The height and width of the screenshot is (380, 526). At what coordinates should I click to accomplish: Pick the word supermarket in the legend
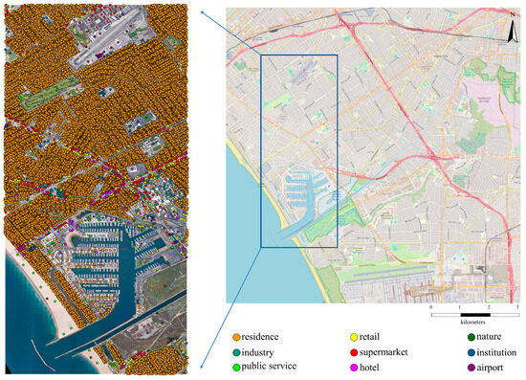(385, 351)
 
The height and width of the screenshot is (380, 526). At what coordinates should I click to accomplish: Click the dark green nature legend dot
(462, 337)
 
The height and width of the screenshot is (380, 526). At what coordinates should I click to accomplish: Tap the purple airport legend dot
(462, 366)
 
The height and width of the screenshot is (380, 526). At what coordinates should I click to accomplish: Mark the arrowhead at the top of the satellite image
(204, 11)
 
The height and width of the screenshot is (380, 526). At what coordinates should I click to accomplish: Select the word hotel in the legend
(373, 366)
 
